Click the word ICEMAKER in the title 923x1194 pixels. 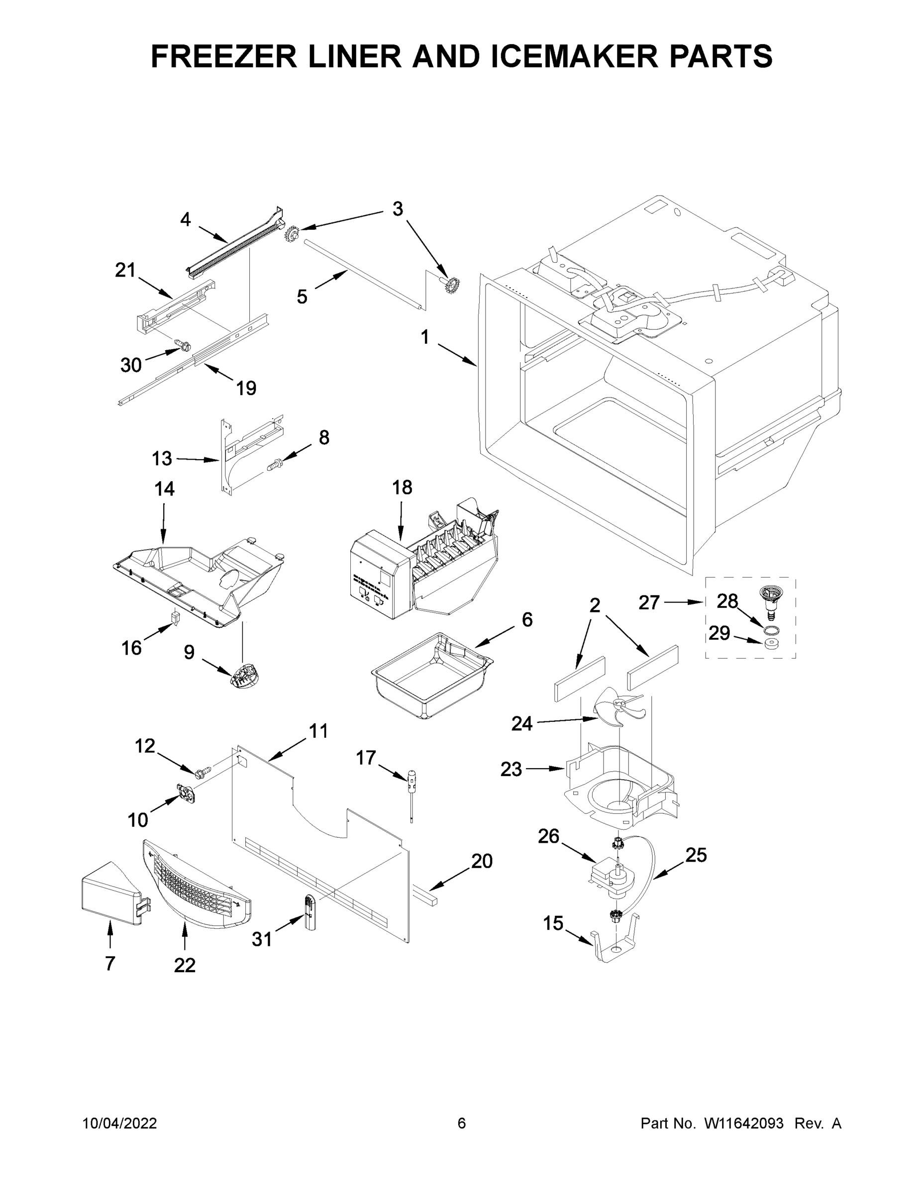(575, 56)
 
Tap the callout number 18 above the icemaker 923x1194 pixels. (402, 487)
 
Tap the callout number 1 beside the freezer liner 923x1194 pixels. (425, 337)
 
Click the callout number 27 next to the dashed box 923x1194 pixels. (649, 602)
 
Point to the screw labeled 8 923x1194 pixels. (275, 465)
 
